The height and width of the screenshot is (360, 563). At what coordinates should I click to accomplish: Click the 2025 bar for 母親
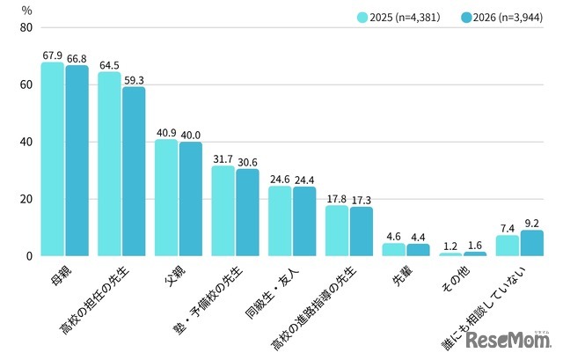pos(53,158)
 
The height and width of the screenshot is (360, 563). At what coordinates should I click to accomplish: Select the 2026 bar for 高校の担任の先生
pos(134,172)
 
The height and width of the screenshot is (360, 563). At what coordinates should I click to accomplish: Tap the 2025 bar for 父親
pos(166,198)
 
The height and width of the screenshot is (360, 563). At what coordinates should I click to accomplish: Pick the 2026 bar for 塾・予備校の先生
pos(247,212)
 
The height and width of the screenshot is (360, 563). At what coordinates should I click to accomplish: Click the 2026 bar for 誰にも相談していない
pos(531,243)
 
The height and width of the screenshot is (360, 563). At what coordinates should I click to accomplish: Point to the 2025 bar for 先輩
pos(393,250)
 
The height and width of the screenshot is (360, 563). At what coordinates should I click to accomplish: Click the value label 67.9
pos(53,55)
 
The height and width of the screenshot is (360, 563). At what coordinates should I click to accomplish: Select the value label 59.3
pos(134,80)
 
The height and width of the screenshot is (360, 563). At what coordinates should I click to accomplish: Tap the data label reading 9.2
pos(531,224)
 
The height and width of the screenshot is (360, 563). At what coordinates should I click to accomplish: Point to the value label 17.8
pos(336,199)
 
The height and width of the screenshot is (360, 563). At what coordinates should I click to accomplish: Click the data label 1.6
pos(475,246)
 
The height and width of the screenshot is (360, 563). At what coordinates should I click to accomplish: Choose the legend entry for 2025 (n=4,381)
pos(398,18)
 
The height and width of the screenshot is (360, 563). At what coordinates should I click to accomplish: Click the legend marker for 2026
pos(466,18)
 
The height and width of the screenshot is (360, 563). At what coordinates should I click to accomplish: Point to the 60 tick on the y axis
pos(26,84)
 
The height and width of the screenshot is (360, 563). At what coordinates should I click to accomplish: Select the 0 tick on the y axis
pos(29,256)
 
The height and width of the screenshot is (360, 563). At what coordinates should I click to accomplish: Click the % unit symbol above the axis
pos(27,11)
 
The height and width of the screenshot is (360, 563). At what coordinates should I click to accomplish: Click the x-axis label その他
pos(456,280)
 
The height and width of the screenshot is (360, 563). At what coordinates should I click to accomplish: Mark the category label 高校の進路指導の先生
pos(314,308)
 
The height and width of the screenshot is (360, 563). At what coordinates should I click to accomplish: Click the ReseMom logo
pos(508,340)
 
